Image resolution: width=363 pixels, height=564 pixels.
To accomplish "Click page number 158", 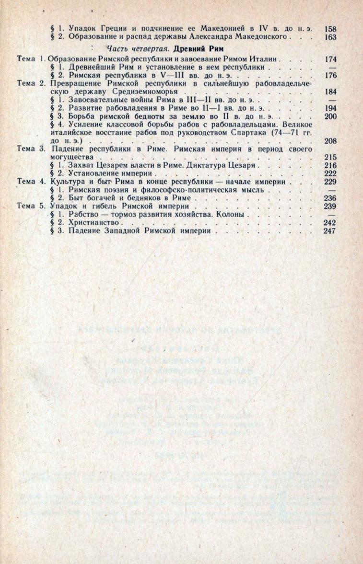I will pyautogui.click(x=330, y=28).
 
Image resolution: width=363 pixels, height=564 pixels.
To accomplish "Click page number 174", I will pyautogui.click(x=330, y=60).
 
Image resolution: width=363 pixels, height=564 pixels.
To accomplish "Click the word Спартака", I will pyautogui.click(x=247, y=133).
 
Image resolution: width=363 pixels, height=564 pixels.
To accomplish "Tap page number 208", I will pyautogui.click(x=330, y=141).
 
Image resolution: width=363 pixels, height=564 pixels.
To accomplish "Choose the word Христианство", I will pyautogui.click(x=91, y=223).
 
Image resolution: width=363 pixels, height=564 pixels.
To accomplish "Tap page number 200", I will pyautogui.click(x=330, y=116).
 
